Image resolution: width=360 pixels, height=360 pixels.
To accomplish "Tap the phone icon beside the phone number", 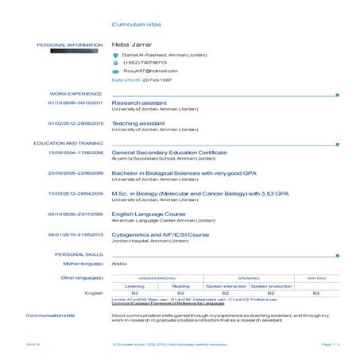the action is click(116, 63).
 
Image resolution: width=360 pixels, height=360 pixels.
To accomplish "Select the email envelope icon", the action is click(116, 72).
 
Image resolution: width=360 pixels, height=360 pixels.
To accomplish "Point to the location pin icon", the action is click(116, 54).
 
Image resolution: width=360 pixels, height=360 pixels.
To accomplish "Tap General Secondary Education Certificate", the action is click(175, 152).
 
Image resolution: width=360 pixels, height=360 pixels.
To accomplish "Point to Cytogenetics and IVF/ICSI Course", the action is click(161, 234).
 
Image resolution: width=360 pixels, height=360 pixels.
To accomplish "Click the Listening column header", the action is click(134, 285).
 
